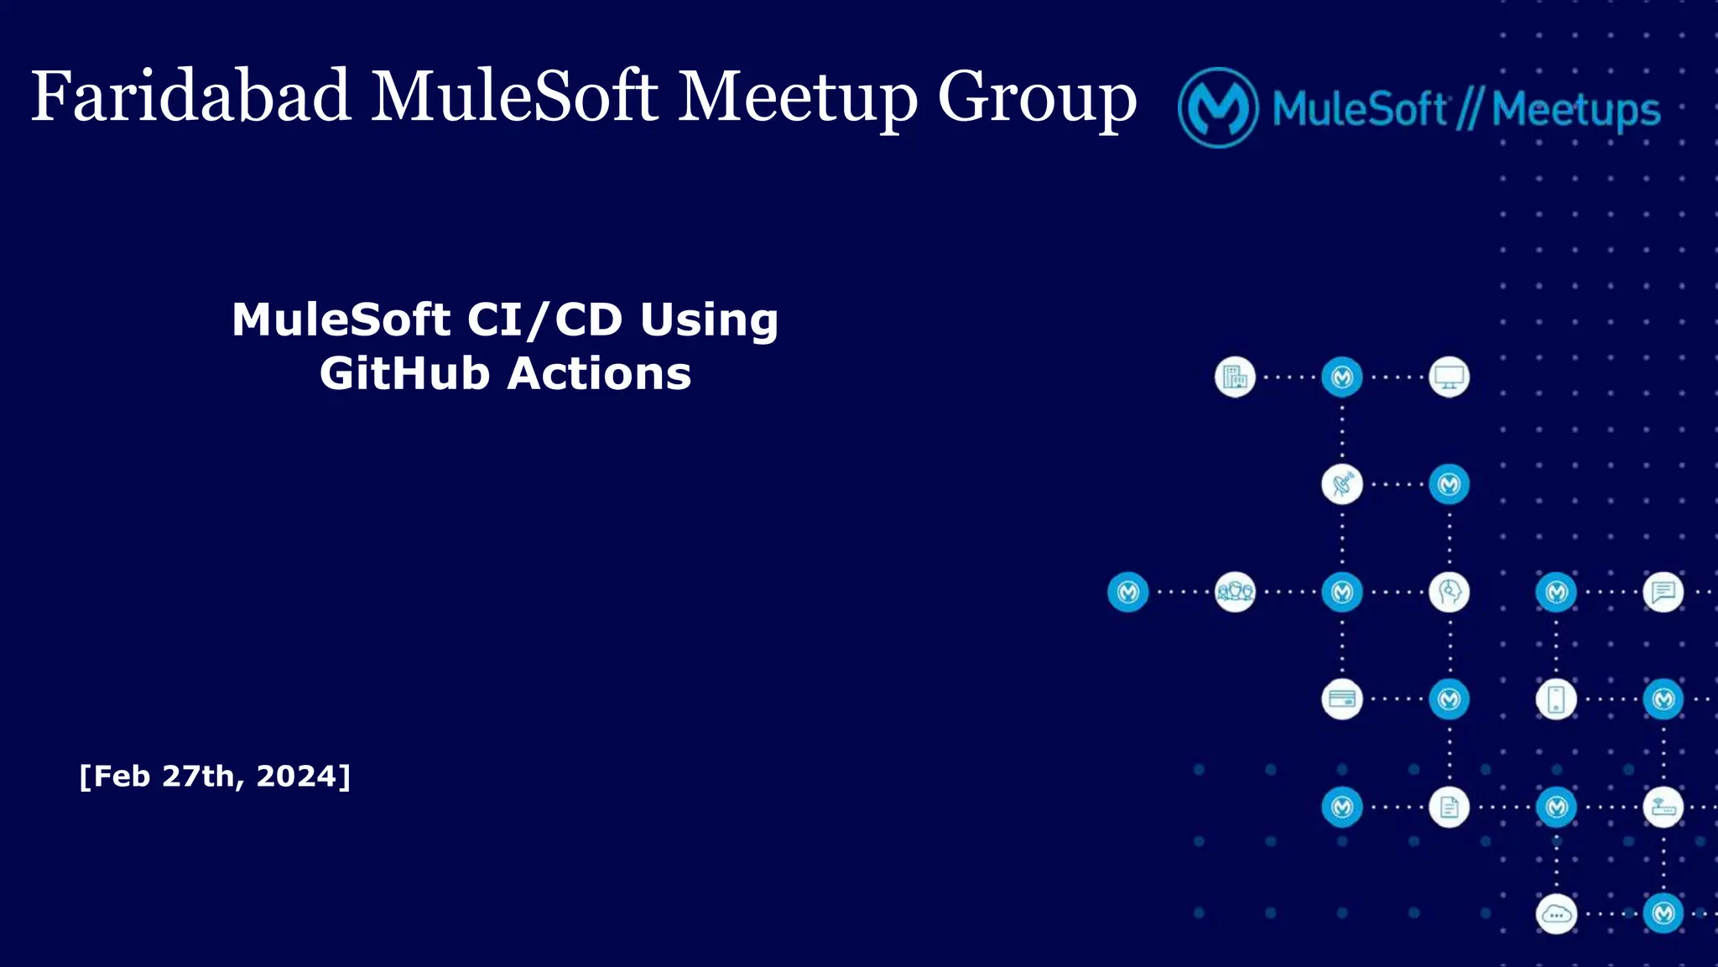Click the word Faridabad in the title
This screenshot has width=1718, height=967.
pos(190,96)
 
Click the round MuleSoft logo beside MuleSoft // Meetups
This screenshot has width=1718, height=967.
pos(1218,108)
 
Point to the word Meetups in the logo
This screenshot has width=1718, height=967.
pos(1576,110)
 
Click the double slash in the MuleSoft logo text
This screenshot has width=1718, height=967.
pos(1468,110)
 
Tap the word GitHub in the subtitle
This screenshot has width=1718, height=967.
pos(404,373)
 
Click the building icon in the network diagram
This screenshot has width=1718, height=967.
pos(1235,377)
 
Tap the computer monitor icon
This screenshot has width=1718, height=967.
pos(1449,377)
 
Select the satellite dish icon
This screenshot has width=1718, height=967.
pos(1342,484)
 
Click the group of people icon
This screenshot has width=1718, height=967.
pos(1235,592)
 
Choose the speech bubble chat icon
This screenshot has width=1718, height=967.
pos(1663,592)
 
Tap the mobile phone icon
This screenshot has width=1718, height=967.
pos(1556,699)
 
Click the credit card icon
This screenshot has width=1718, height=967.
pos(1342,699)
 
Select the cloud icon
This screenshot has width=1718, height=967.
pos(1556,914)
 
